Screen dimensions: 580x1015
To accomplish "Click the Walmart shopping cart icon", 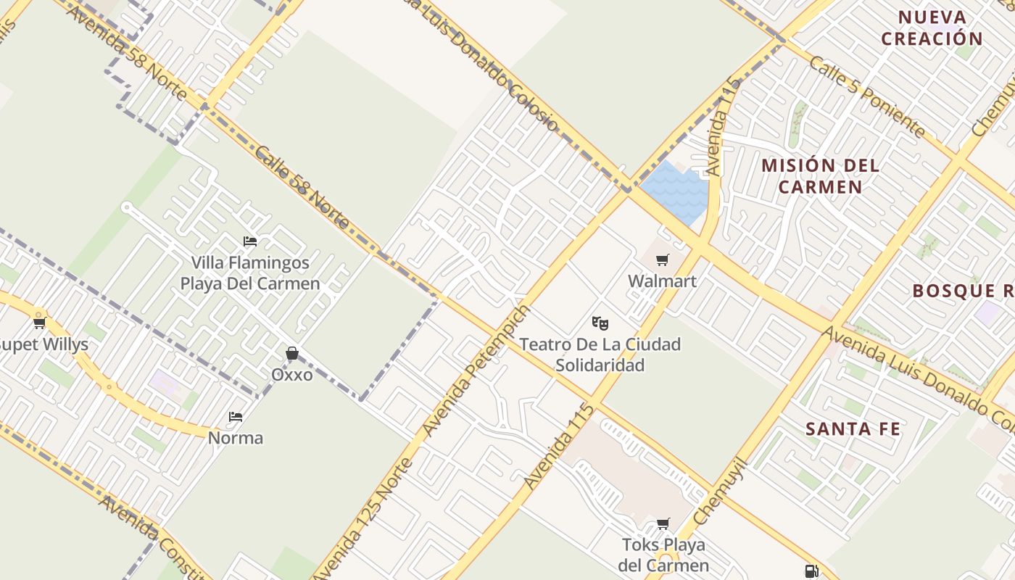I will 662,260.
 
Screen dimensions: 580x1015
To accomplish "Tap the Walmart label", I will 662,281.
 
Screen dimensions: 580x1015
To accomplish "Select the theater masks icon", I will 600,323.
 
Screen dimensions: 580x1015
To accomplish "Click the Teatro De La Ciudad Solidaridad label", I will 600,355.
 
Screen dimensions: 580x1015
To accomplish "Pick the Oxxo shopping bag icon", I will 292,353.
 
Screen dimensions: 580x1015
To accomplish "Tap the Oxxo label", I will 292,375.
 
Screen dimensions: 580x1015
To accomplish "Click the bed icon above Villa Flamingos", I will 250,241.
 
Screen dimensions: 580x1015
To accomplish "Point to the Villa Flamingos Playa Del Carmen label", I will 250,273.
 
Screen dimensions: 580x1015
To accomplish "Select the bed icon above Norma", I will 236,416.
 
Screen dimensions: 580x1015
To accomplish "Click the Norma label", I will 236,438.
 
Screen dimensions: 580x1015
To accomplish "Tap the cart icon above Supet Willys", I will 40,323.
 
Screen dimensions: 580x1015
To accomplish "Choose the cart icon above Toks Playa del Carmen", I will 663,523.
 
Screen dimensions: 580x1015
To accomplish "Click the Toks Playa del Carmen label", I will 663,555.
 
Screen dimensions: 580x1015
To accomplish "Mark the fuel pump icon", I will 811,571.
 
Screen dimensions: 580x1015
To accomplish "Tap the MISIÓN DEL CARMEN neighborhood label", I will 821,175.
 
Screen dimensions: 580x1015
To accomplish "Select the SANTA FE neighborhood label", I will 853,429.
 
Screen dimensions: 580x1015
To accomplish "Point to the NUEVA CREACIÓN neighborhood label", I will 932,28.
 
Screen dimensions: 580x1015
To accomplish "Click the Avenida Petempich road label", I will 476,372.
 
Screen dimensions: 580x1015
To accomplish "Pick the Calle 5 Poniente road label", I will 867,97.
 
